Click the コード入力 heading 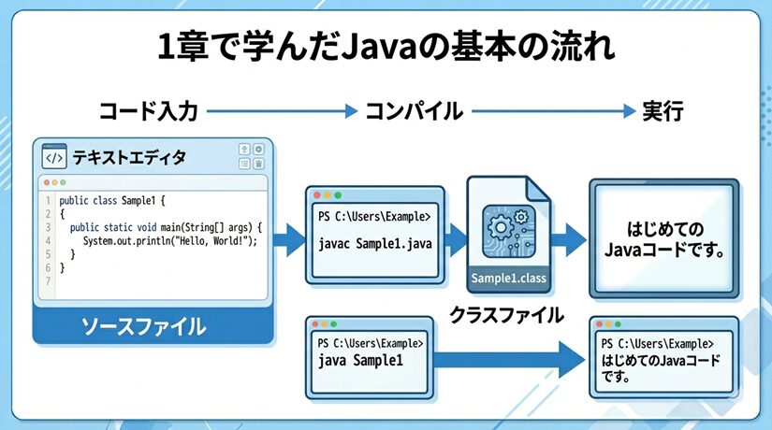click(x=149, y=111)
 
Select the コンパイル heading click(x=413, y=111)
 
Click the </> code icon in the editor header click(x=54, y=157)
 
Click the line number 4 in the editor click(x=47, y=240)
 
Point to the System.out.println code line click(x=168, y=240)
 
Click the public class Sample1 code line click(x=111, y=200)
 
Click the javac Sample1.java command click(x=373, y=245)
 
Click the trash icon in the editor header click(x=258, y=164)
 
